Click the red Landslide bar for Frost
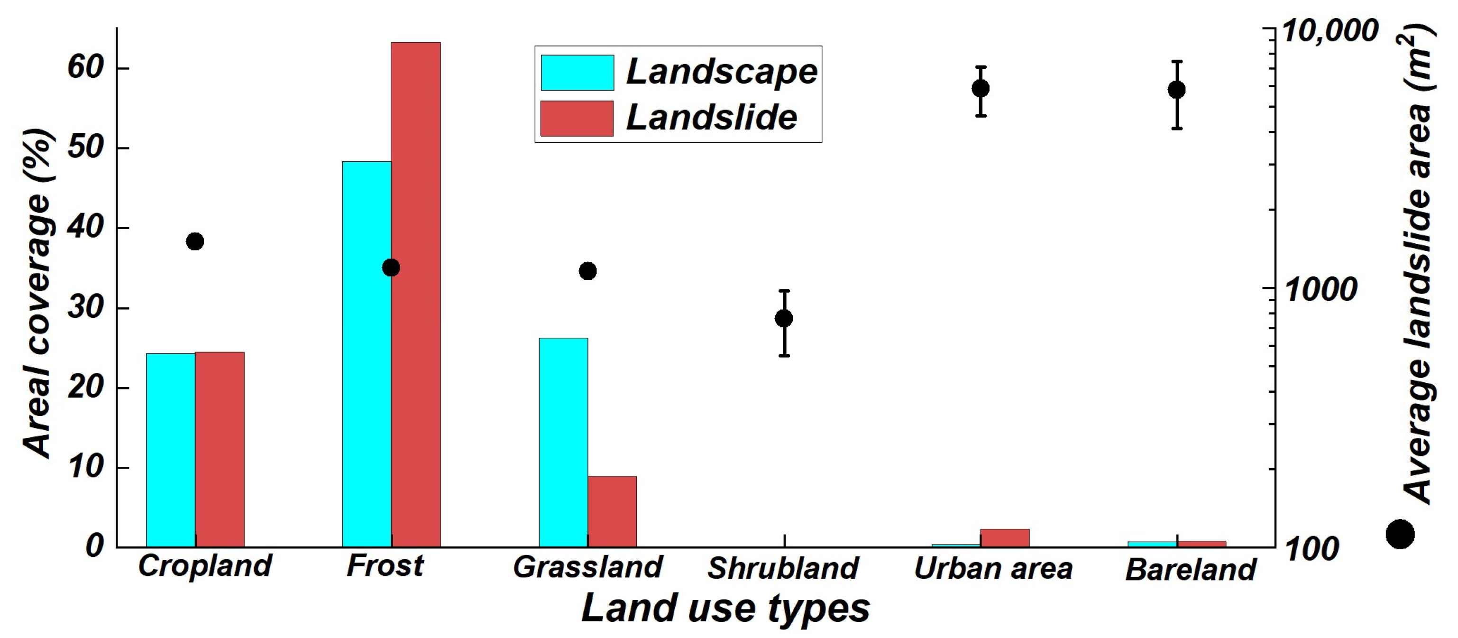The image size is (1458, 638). click(415, 295)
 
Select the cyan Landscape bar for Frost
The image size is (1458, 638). click(367, 354)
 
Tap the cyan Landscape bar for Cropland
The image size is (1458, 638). click(170, 450)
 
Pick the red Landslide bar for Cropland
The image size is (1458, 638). click(220, 450)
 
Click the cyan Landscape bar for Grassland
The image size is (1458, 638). click(563, 442)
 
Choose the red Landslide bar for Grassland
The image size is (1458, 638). click(612, 511)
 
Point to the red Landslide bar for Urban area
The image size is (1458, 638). click(1005, 538)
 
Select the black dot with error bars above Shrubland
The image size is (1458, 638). click(784, 318)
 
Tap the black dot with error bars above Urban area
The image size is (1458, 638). click(981, 88)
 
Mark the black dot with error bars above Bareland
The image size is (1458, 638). click(1177, 90)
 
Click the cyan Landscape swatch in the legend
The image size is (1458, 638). click(578, 73)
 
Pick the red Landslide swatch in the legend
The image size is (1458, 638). click(577, 118)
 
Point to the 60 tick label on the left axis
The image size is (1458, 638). click(85, 68)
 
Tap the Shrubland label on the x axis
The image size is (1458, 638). click(783, 568)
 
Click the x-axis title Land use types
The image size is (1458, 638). click(725, 609)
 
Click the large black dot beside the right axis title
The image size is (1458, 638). click(1400, 534)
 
